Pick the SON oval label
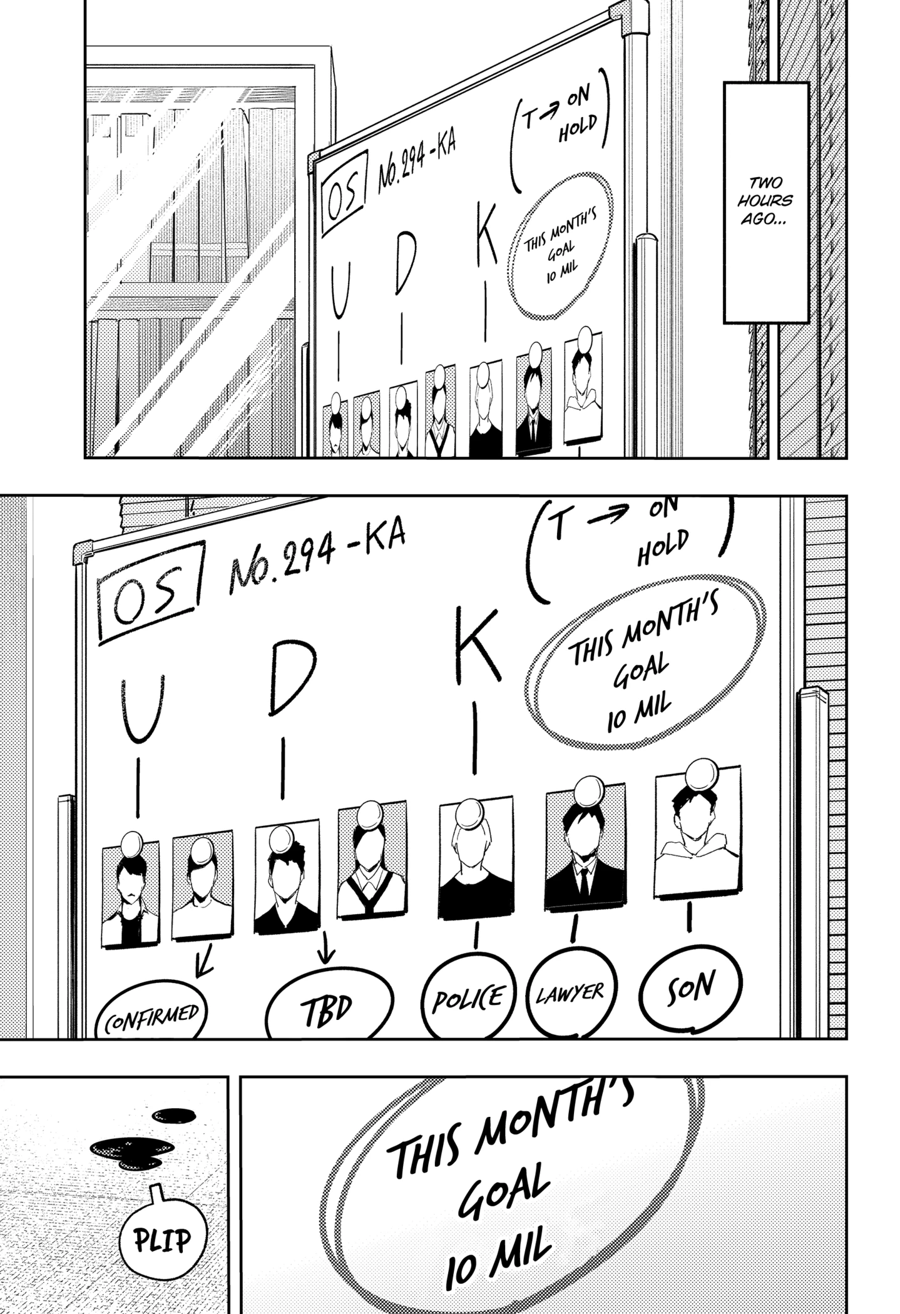(x=690, y=987)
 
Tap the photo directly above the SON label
(x=698, y=832)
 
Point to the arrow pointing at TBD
(x=326, y=954)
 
